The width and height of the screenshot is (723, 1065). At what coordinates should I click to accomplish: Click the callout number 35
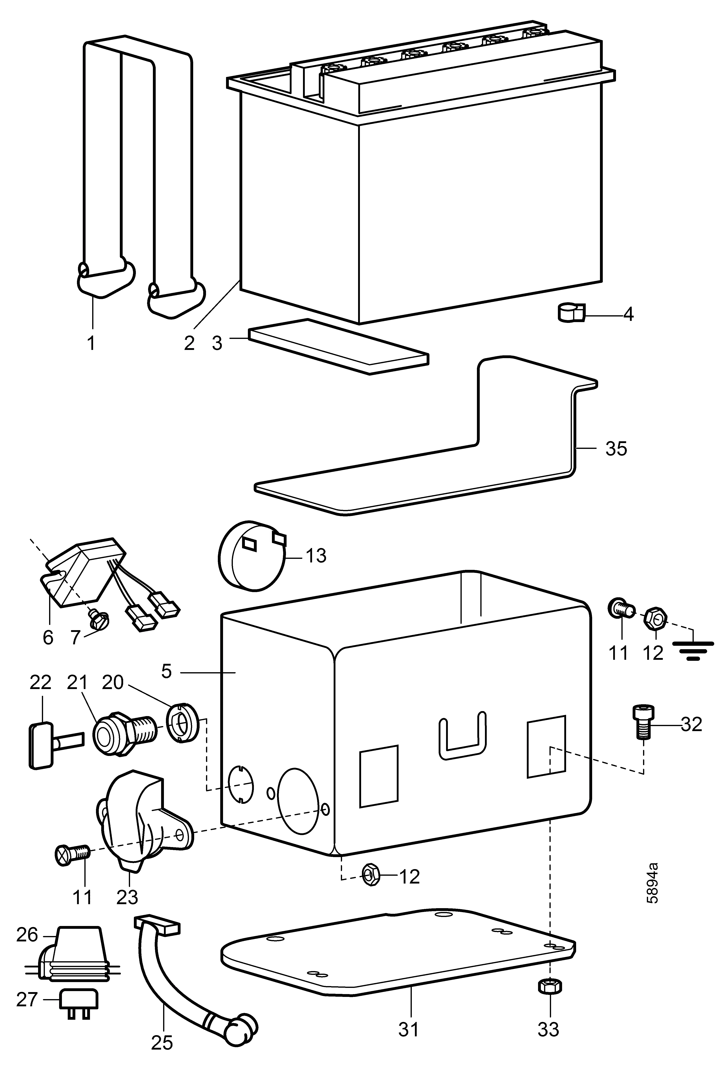click(616, 449)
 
